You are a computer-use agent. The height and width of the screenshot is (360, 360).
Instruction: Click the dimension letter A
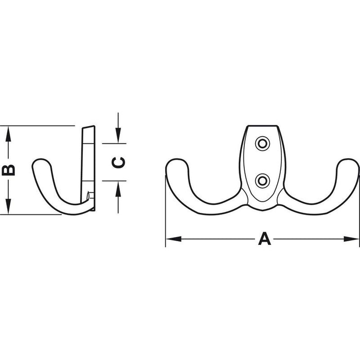coord(264,239)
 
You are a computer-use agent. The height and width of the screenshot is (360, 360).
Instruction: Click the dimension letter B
coord(8,170)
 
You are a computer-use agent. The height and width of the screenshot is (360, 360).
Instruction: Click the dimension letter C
coord(118,163)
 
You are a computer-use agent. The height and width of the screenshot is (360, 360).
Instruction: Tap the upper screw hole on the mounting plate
coord(262,143)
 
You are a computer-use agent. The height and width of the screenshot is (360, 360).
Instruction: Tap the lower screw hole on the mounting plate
coord(262,181)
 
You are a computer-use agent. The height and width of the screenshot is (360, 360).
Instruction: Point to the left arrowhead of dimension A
coord(174,239)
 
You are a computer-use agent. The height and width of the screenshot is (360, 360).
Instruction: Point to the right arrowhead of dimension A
coord(351,239)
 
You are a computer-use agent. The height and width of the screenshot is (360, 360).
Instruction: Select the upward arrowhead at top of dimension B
coord(8,134)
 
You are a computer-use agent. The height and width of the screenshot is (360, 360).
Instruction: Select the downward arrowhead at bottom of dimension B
coord(8,206)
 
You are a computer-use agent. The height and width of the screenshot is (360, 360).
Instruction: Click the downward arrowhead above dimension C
coord(118,135)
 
